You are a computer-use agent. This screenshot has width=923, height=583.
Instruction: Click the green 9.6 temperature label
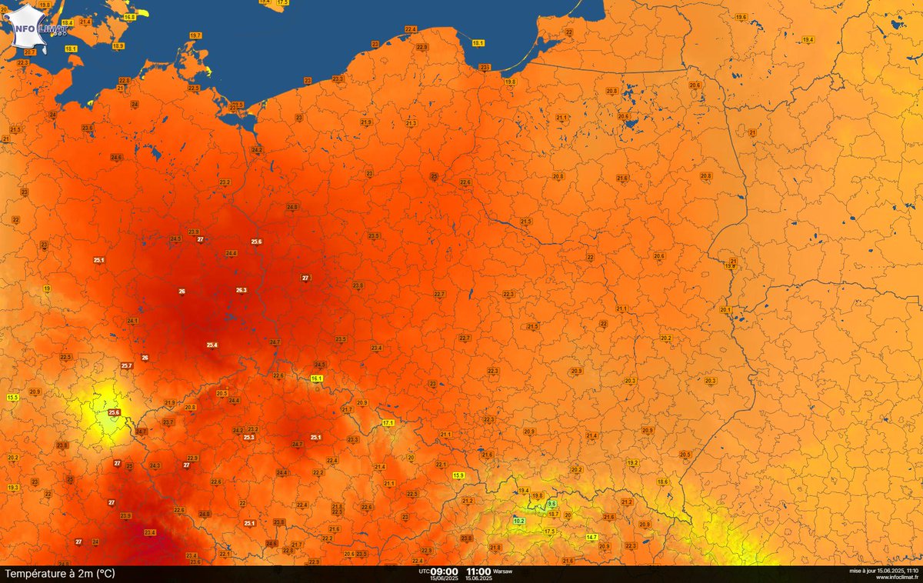pos(551,503)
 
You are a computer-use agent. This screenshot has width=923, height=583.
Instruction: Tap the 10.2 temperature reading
pos(519,521)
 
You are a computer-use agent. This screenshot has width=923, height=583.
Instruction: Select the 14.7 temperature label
pos(591,536)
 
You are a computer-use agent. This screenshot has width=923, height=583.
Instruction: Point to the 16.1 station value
pos(316,378)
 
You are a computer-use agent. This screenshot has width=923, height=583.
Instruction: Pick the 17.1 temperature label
pos(388,423)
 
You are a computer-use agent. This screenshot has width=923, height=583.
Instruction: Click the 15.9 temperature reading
pos(458,475)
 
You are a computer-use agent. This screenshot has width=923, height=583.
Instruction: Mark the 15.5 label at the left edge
pos(12,397)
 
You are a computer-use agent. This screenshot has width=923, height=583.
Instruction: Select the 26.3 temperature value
pos(241,290)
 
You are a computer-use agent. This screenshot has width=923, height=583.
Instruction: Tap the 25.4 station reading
pos(212,345)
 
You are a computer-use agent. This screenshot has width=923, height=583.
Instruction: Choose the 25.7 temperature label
pos(126,365)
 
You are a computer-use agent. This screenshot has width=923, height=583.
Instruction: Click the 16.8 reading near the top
pos(129,17)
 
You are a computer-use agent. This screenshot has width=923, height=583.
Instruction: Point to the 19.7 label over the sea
pos(195,35)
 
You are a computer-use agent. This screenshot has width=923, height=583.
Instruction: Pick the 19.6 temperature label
pos(741,17)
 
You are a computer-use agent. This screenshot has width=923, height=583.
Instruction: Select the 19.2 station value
pos(633,462)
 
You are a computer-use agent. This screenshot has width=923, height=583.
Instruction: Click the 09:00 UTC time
pos(444,571)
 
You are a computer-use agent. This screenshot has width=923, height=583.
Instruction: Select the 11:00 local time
pos(478,571)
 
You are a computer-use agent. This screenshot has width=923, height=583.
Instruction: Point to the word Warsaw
pos(504,571)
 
